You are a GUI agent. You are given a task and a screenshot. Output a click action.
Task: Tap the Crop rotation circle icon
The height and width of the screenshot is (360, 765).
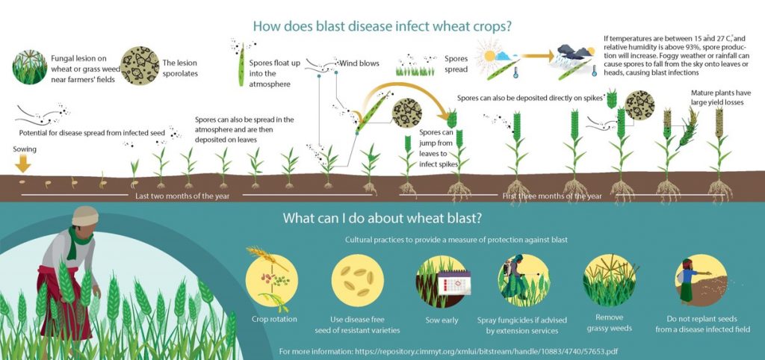(x=271, y=280)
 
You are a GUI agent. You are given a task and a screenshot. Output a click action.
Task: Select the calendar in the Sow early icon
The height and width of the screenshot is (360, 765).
(x=454, y=282)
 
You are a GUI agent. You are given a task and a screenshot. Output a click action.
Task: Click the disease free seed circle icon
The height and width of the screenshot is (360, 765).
(x=358, y=281)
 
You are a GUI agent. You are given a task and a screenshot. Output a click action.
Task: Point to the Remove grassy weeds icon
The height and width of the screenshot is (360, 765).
(x=610, y=280)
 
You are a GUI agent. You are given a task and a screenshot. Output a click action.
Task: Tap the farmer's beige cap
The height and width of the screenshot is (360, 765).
(x=85, y=216)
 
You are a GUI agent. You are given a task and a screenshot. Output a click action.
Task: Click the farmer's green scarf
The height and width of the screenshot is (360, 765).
(x=77, y=240)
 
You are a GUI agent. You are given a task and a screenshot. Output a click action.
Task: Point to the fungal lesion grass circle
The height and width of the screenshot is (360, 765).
(x=30, y=66)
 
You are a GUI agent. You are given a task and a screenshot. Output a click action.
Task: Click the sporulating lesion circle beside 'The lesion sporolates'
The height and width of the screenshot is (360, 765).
(x=140, y=66)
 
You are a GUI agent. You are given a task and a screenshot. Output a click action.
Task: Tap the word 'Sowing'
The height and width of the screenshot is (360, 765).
(x=25, y=149)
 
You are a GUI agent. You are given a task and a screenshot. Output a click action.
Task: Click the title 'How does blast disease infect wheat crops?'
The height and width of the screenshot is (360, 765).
(x=382, y=26)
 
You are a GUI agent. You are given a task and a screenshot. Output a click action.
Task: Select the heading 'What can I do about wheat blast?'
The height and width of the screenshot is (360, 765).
(x=382, y=218)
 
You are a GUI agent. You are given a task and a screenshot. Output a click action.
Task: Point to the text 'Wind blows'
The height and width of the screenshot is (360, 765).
(x=359, y=63)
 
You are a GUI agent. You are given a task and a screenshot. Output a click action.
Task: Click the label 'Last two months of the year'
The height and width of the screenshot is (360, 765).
(x=182, y=196)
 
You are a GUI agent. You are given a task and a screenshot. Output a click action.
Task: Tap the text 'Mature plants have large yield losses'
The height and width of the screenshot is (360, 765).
(x=717, y=98)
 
